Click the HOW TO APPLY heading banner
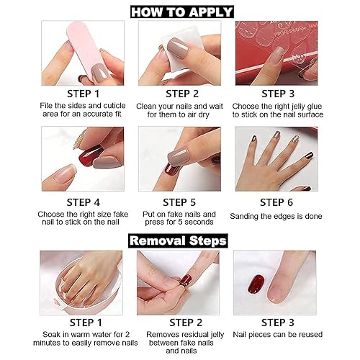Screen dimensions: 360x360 [181, 11]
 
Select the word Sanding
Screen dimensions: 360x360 [247, 215]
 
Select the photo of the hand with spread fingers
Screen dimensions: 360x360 [276, 158]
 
